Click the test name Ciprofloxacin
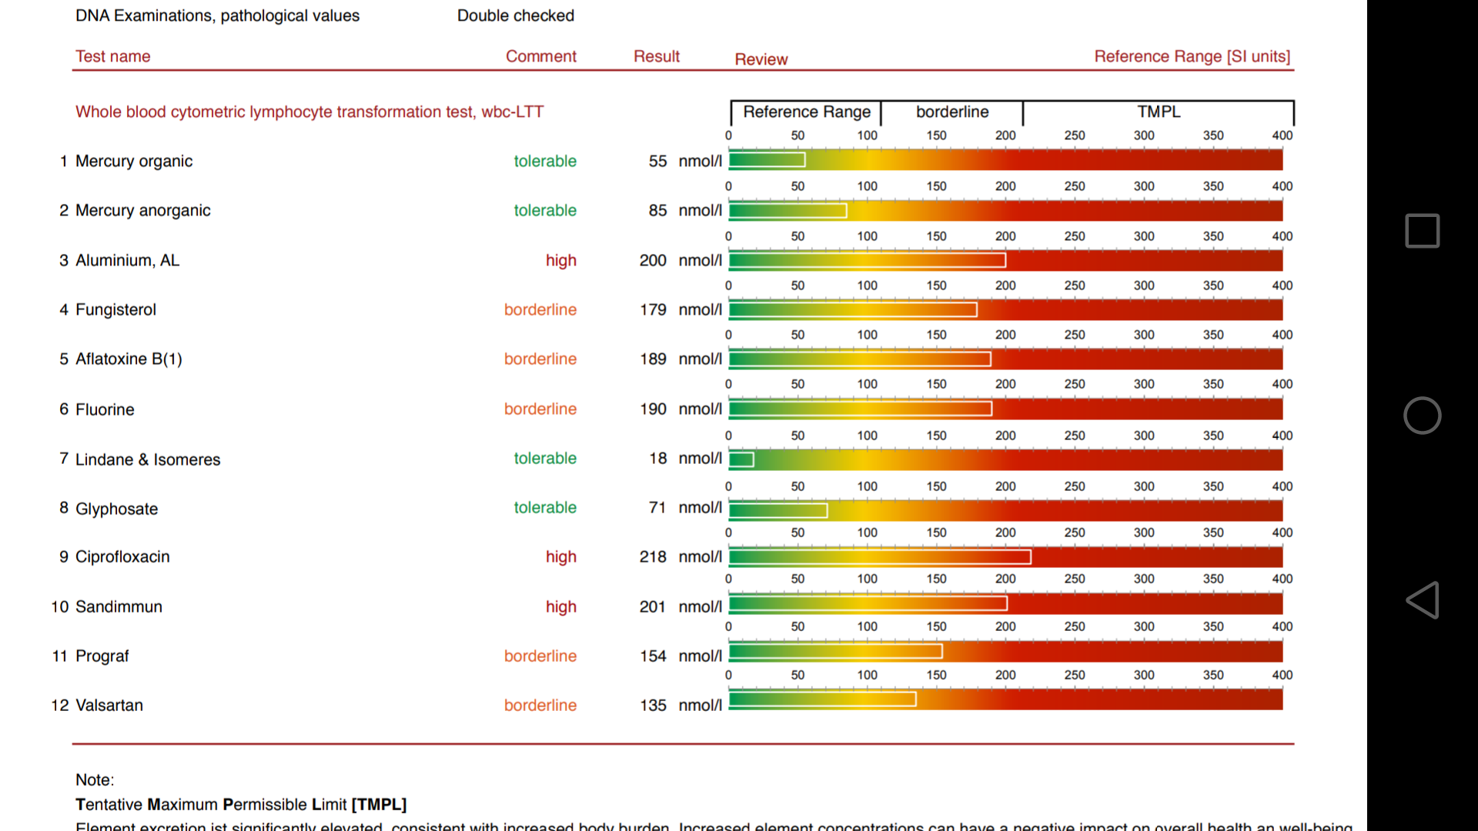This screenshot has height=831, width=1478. coord(122,556)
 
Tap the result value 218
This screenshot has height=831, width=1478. coord(653,556)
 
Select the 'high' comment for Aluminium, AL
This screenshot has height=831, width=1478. coord(560,260)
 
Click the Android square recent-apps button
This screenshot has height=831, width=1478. coord(1422,231)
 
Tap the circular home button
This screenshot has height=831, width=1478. coord(1422,415)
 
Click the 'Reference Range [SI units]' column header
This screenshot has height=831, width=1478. coord(1192,56)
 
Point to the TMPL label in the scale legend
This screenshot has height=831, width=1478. coord(1159,112)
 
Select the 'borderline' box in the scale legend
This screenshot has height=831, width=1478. coord(952,112)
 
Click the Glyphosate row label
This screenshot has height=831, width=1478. coord(116,509)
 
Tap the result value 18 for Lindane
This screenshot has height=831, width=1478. coord(657,459)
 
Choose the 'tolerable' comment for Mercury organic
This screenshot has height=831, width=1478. coord(545,161)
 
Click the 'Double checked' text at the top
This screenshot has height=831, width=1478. coord(516,15)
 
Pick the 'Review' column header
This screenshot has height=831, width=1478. coord(761,59)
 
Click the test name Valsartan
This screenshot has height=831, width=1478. coord(109,705)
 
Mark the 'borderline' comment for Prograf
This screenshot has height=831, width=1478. coord(540,656)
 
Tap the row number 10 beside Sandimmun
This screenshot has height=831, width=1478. coord(60,606)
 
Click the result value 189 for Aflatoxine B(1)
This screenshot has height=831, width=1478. coord(653,359)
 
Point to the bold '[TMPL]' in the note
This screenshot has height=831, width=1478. coord(379,804)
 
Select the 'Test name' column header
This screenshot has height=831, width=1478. coord(112,56)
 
